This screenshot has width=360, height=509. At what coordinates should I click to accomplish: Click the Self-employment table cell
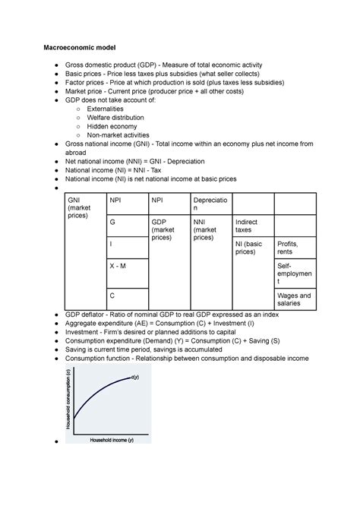[295, 274]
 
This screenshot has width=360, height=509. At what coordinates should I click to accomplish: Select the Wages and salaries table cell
[295, 299]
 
